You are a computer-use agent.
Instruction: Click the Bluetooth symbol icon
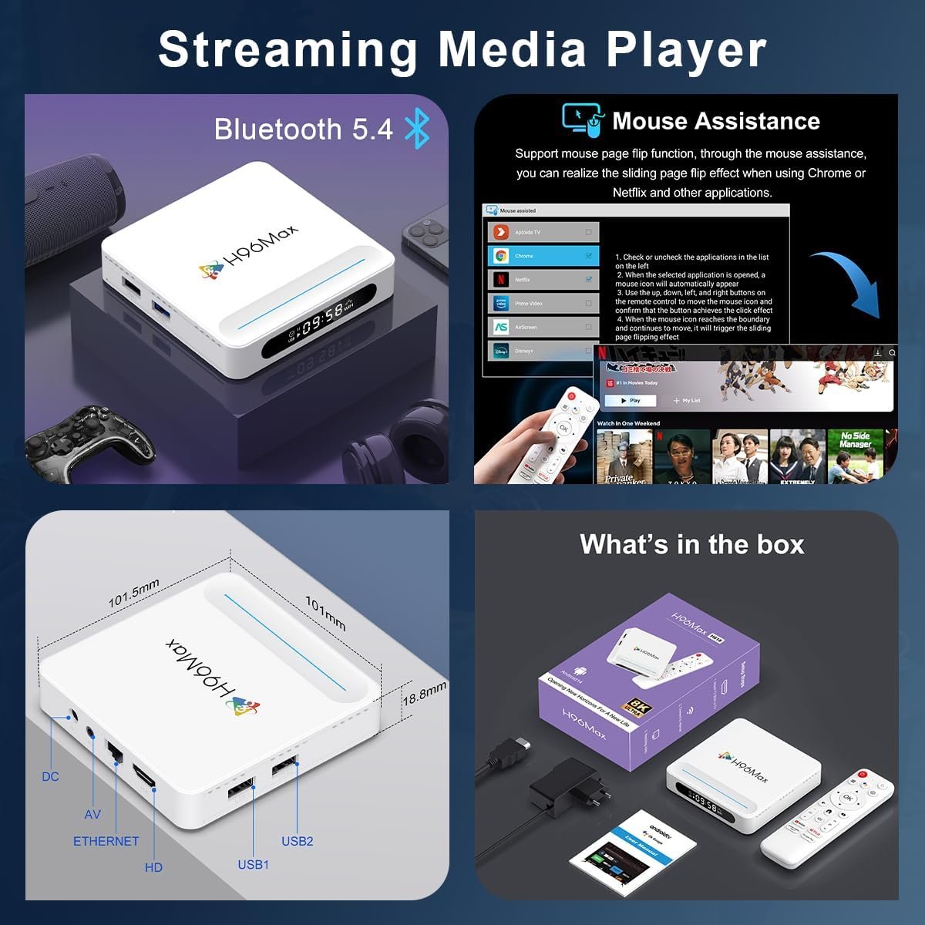click(417, 129)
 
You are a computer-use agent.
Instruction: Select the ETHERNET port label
click(106, 841)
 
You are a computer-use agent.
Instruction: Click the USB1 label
click(253, 864)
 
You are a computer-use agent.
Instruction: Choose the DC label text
click(50, 776)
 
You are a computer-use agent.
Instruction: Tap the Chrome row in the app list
click(543, 256)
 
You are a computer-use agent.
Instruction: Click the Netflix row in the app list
click(543, 280)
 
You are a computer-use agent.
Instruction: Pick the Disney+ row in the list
click(543, 351)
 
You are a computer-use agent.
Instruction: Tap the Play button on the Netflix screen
click(631, 401)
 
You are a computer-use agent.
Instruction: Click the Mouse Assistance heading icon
click(582, 120)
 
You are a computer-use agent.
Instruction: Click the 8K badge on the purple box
click(637, 706)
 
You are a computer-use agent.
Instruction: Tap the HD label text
click(153, 867)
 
